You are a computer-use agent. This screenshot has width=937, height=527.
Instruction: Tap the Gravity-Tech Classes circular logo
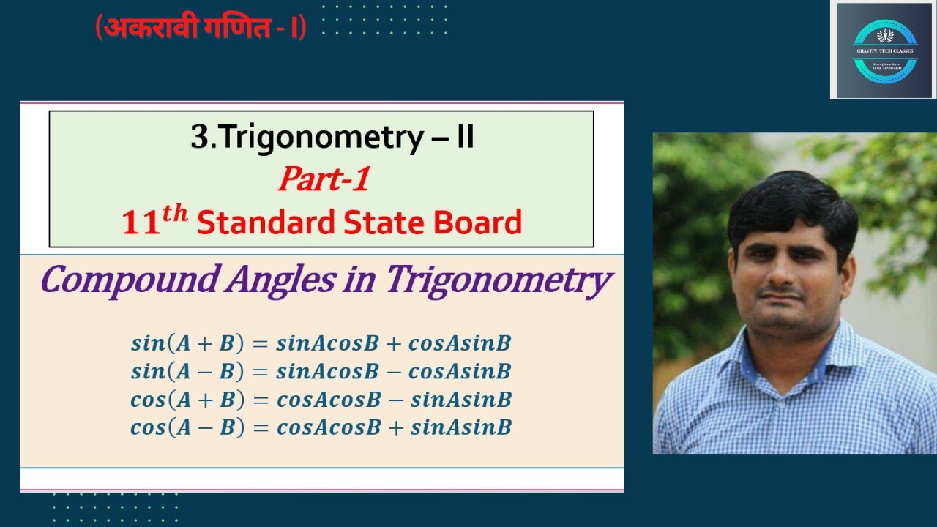coord(885,51)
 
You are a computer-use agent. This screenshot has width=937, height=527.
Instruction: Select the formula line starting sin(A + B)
coord(321,343)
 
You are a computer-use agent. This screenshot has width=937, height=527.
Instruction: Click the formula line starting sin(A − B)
coord(321,371)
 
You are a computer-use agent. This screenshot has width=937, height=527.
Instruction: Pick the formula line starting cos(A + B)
coord(321,400)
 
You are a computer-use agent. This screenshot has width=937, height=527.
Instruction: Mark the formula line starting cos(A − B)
coord(321,427)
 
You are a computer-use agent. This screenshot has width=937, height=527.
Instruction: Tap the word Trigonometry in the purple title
coord(499,280)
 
